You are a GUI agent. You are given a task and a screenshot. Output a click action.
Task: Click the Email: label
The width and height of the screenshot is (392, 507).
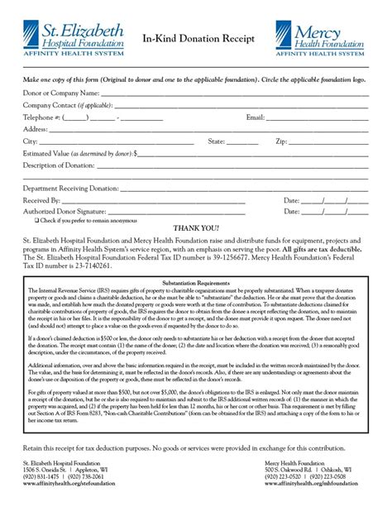[x=256, y=117]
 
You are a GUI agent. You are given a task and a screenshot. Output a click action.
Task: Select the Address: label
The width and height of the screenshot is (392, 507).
[x=35, y=130]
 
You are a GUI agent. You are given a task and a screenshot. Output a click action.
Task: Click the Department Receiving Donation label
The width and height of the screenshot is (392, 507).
[x=71, y=189]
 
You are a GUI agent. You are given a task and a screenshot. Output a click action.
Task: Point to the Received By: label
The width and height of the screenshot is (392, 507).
[x=42, y=201]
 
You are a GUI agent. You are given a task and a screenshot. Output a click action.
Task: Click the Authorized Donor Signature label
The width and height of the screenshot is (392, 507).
[x=67, y=212]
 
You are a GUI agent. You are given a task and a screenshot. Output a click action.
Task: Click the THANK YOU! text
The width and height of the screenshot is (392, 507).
[x=196, y=227]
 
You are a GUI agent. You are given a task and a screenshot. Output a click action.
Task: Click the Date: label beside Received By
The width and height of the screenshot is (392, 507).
[x=291, y=201]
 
